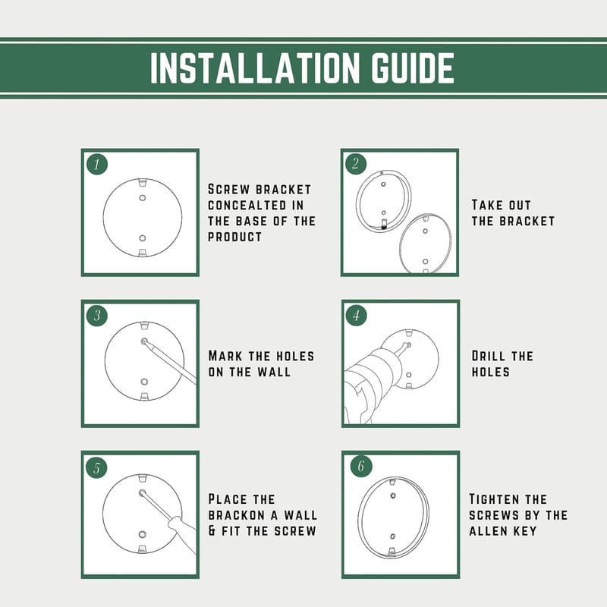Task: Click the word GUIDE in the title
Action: pos(413,68)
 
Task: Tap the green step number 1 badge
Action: pos(97,164)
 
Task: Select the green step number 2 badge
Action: pos(355,164)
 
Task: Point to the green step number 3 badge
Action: pos(97,315)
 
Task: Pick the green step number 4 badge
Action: pos(356,315)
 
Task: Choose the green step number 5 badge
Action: pos(97,467)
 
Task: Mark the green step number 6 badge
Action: pos(361,466)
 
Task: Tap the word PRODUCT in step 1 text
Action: pos(234,237)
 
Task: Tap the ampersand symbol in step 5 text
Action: pos(212,530)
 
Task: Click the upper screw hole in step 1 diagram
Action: pos(143,198)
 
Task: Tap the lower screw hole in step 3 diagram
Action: pos(144,382)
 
